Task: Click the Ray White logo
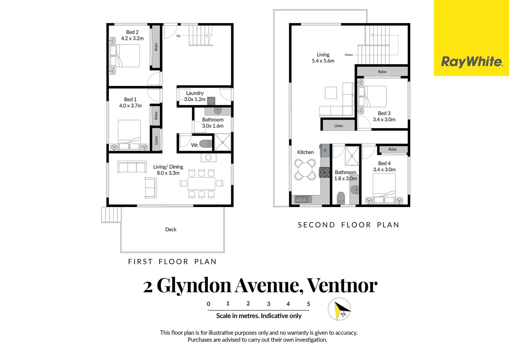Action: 471,62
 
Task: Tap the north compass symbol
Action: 339,309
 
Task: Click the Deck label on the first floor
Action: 171,229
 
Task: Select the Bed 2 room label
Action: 132,32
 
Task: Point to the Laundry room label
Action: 195,93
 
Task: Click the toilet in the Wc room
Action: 205,144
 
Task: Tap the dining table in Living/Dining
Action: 201,183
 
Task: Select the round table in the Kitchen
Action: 305,170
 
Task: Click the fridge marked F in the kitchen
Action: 325,151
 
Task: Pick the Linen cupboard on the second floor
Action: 338,126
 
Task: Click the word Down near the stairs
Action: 349,55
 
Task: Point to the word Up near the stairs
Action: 178,36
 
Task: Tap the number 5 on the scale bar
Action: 308,304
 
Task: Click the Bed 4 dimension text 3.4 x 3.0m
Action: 384,170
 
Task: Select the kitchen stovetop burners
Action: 324,172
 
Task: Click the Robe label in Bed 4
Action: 392,149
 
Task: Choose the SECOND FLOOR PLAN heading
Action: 348,225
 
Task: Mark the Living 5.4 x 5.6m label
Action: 323,58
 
